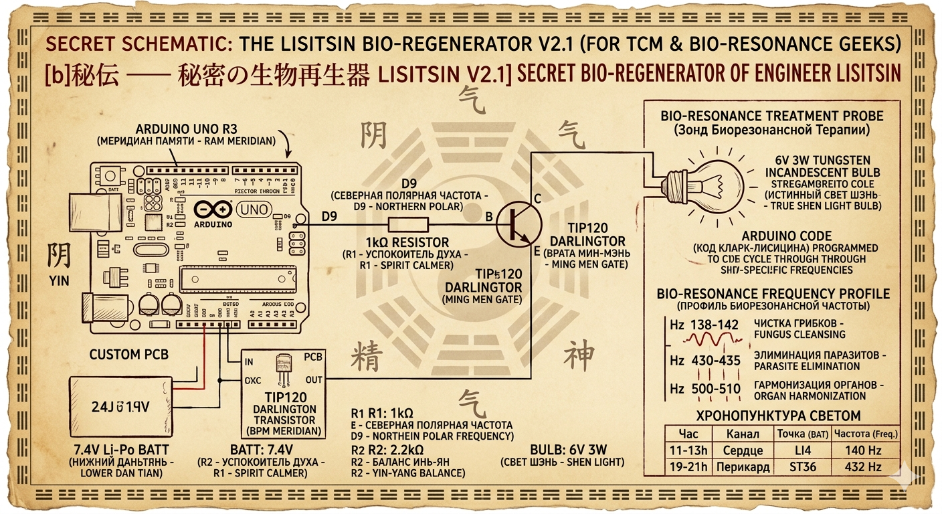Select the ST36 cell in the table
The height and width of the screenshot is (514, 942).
801,466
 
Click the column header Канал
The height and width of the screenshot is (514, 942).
742,434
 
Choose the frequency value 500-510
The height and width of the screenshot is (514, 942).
715,390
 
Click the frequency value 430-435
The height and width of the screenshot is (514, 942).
715,361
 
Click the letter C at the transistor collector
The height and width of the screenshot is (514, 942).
537,199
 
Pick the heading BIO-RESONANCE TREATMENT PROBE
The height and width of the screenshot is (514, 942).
771,115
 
